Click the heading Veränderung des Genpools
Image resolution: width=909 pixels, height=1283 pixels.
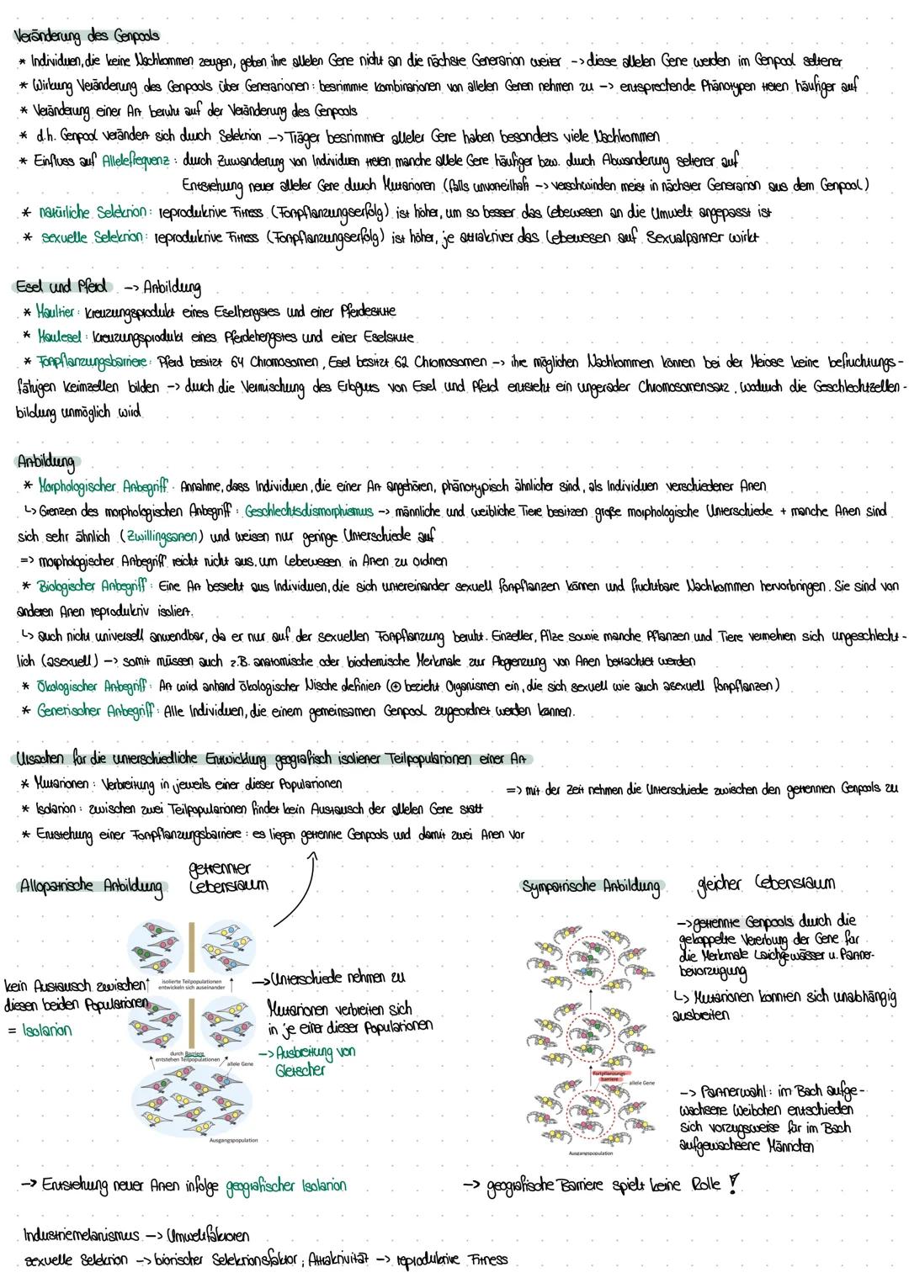point(88,37)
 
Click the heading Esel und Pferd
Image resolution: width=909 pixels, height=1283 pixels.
point(62,287)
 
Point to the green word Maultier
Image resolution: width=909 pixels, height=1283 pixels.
point(56,312)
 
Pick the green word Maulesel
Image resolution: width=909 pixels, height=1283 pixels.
point(59,337)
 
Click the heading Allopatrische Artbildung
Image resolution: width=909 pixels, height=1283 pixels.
point(91,887)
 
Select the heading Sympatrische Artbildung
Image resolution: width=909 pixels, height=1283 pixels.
point(591,887)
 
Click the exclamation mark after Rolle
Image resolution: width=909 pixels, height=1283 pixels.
point(734,1184)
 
